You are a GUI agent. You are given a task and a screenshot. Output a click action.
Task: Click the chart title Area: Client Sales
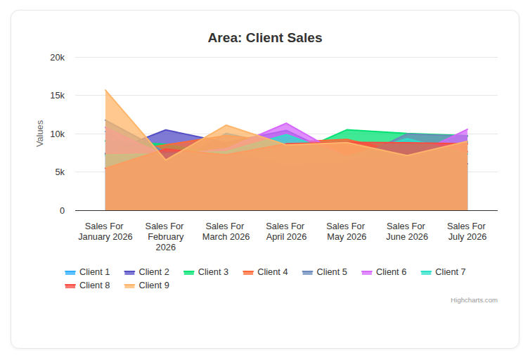[265, 38]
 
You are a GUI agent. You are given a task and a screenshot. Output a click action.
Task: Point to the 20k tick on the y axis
[58, 58]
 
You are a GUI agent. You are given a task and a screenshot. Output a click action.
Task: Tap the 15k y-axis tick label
[58, 96]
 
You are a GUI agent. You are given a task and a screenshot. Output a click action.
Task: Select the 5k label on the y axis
[60, 172]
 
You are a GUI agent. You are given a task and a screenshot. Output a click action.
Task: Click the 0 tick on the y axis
[62, 211]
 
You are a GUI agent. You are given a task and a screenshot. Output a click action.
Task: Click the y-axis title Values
[40, 134]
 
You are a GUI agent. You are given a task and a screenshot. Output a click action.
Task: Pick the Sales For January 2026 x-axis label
[105, 231]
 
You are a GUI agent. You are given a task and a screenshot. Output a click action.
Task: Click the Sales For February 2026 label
[165, 237]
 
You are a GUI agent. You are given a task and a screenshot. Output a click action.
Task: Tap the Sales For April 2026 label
[286, 231]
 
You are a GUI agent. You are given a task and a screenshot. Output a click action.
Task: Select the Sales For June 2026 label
[407, 231]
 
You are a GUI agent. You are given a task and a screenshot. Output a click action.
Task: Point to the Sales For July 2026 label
[467, 231]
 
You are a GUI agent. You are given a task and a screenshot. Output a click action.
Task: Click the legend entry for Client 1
[88, 272]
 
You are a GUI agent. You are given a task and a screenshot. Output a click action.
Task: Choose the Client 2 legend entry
[147, 272]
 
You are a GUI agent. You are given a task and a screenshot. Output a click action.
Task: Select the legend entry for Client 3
[206, 272]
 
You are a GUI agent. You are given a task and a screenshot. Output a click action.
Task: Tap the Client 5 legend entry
[325, 272]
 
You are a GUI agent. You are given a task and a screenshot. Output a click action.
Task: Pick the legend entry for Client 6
[384, 272]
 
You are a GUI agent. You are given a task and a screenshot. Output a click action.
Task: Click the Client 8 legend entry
[88, 285]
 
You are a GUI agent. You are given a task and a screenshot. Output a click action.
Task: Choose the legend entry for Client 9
[147, 285]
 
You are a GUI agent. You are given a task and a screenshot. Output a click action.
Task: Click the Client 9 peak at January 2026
[105, 90]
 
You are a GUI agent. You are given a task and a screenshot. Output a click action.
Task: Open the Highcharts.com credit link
[474, 300]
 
